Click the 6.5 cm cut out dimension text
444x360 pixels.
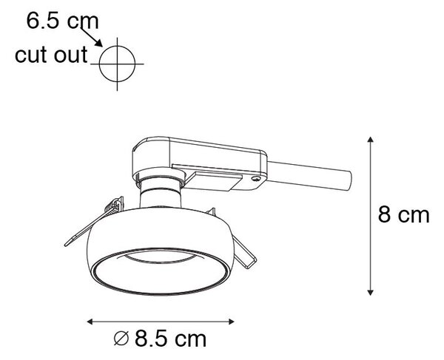click(x=62, y=21)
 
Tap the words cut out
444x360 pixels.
click(x=51, y=55)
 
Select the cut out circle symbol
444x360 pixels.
click(x=117, y=64)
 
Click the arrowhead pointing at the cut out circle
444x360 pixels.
click(x=99, y=44)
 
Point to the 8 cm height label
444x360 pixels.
click(x=403, y=215)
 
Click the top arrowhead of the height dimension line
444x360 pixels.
click(x=370, y=140)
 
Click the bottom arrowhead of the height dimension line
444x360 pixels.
click(x=370, y=293)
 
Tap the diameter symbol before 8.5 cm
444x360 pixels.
click(x=121, y=339)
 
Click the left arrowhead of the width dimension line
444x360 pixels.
click(x=90, y=322)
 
